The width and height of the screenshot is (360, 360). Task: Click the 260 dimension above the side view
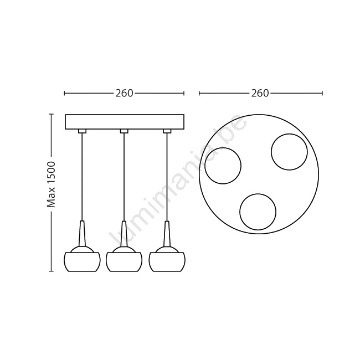tap(124, 93)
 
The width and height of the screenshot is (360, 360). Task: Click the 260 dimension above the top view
tap(260, 93)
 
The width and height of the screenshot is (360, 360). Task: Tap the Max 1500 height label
tap(51, 184)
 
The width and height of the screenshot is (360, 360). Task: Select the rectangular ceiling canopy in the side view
tap(125, 122)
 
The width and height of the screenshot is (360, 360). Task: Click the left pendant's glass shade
tap(82, 262)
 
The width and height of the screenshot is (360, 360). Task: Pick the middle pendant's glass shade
tap(124, 262)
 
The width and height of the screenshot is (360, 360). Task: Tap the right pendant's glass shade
tap(167, 262)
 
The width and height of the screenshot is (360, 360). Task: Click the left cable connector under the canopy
tap(82, 131)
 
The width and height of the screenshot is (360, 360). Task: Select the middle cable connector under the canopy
tap(124, 131)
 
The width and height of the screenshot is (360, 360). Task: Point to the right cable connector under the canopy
tap(167, 131)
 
